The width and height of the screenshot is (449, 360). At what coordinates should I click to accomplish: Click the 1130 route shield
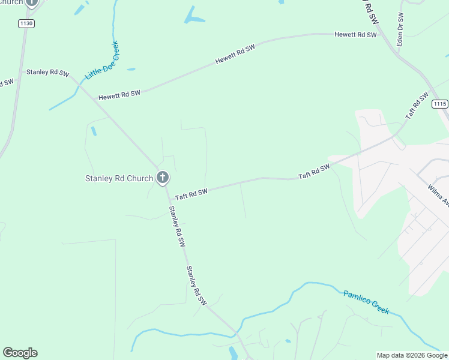(x=26, y=23)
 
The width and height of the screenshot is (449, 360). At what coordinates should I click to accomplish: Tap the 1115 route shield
(x=440, y=104)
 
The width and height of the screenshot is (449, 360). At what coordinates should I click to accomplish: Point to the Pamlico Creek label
(x=366, y=302)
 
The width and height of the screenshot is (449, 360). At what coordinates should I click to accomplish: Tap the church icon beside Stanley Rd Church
(x=162, y=178)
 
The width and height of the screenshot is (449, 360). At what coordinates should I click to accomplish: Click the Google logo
(x=20, y=353)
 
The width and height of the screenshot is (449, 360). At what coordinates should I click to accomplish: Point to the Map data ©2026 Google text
(x=411, y=355)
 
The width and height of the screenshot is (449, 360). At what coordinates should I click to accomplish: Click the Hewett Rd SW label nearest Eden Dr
(x=355, y=35)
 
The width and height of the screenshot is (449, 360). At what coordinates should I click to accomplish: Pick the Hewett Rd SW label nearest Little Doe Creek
(x=119, y=94)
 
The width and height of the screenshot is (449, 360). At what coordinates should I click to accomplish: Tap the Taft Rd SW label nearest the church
(x=191, y=194)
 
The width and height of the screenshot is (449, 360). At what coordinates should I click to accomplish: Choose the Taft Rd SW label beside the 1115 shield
(x=417, y=105)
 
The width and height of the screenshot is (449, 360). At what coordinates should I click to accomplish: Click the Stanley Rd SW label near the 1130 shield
(x=46, y=72)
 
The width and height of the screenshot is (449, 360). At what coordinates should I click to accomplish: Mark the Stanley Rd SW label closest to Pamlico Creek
(x=196, y=286)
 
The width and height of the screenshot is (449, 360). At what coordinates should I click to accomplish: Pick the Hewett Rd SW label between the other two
(x=235, y=55)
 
